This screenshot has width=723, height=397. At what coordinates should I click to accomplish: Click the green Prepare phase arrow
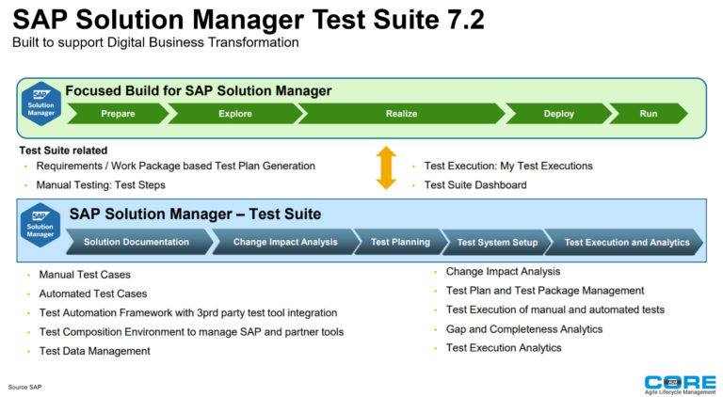click(x=118, y=114)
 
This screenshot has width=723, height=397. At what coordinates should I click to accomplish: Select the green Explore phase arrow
click(x=234, y=114)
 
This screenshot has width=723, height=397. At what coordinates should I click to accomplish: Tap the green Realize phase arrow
click(x=401, y=114)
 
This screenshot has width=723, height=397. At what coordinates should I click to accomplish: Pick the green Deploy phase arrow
click(x=558, y=114)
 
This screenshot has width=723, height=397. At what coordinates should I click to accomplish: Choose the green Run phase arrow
click(x=649, y=114)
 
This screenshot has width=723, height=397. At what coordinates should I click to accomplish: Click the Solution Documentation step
click(x=137, y=242)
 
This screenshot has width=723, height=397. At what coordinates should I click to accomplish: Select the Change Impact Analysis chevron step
click(x=285, y=242)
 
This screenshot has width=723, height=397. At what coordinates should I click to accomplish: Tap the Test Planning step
click(x=400, y=242)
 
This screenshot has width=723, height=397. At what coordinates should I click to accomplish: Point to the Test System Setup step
click(x=497, y=242)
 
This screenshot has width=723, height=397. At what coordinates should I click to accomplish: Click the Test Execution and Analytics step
click(x=626, y=242)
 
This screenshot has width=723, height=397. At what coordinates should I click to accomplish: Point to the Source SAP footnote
click(x=25, y=387)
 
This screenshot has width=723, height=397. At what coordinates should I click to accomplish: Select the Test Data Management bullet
click(x=94, y=351)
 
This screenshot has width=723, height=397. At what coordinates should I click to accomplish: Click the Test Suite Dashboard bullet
click(x=475, y=184)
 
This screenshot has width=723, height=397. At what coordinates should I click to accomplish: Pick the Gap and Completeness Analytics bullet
click(x=524, y=329)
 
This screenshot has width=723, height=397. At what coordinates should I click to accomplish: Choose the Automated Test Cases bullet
click(x=92, y=294)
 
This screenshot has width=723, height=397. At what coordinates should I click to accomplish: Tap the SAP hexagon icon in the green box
click(x=40, y=104)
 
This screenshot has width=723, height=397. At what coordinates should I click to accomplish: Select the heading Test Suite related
click(x=63, y=151)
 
